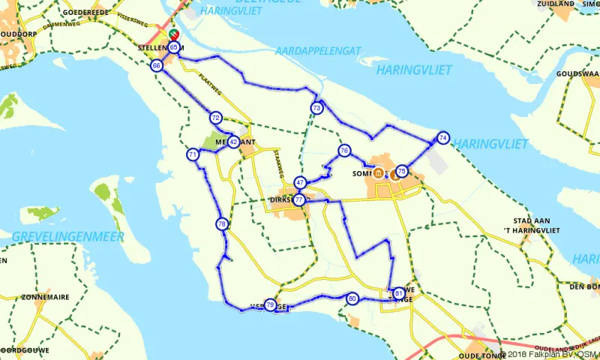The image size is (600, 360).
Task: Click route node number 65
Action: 174,47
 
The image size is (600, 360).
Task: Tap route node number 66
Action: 157,66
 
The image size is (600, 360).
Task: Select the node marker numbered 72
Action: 216,118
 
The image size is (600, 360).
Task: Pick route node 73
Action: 317,109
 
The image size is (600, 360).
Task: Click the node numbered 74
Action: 443,138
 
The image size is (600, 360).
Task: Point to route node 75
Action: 402,171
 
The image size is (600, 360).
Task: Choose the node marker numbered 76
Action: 344,151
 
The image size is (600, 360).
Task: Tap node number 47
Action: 300,182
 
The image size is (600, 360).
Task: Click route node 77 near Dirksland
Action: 299,200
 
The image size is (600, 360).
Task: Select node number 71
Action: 193,155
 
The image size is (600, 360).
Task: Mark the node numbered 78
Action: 222,224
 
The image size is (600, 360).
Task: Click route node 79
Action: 270,304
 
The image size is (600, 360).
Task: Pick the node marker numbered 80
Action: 352,298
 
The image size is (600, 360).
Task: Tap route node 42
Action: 234,142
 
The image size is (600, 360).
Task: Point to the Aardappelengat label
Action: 318,50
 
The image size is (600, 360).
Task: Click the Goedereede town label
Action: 90,13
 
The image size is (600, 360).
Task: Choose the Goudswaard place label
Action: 577,74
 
